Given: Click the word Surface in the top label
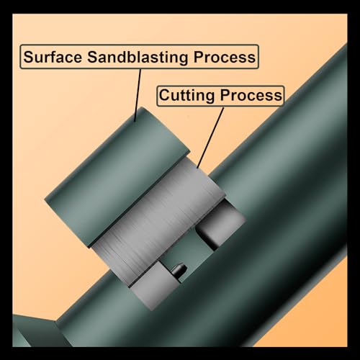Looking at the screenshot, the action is (53, 57).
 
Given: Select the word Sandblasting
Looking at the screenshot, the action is (138, 58).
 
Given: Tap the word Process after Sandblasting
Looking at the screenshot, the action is (225, 57).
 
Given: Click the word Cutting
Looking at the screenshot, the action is (186, 96).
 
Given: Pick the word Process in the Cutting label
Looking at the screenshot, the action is (251, 95).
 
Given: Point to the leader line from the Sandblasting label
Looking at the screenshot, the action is (138, 95).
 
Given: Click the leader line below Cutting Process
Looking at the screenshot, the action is (210, 138).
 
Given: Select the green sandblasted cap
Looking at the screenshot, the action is (117, 177).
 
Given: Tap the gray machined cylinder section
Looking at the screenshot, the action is (159, 221).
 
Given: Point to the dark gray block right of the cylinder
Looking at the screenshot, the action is (221, 224).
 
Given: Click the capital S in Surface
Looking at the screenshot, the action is (29, 57).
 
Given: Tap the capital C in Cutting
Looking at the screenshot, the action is (164, 95).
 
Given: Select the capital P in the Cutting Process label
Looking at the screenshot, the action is (225, 95).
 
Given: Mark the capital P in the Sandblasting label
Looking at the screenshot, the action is (198, 57).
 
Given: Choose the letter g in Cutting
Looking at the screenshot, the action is (210, 97).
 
